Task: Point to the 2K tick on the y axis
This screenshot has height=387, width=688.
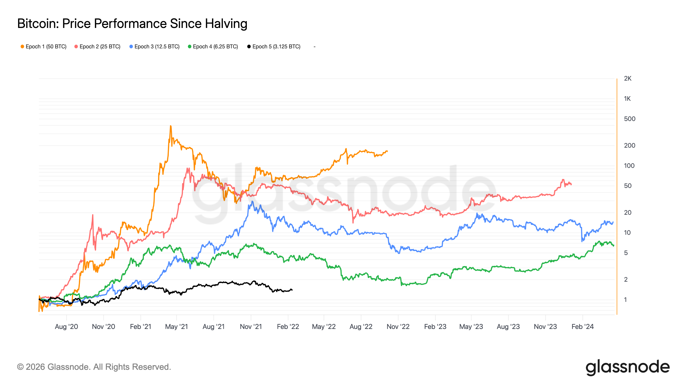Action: (627, 78)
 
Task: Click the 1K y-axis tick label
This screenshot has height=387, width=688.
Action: (627, 99)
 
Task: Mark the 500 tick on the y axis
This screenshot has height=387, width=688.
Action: (629, 119)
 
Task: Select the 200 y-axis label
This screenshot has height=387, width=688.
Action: (629, 146)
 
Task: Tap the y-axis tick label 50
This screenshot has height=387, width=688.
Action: (628, 186)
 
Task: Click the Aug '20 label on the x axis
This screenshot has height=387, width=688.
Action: (66, 327)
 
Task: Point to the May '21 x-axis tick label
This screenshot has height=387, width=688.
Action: (177, 327)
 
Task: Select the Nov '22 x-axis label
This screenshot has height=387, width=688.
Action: (398, 327)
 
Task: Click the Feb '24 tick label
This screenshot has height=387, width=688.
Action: (582, 327)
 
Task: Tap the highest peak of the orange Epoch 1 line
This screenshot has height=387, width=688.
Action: (171, 126)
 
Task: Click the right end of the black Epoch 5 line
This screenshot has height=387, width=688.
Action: (292, 290)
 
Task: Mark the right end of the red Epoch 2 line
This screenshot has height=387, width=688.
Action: (571, 184)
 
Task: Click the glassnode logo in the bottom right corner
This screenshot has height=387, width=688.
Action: (627, 367)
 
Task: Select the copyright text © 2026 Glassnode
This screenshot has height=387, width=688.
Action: (94, 367)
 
